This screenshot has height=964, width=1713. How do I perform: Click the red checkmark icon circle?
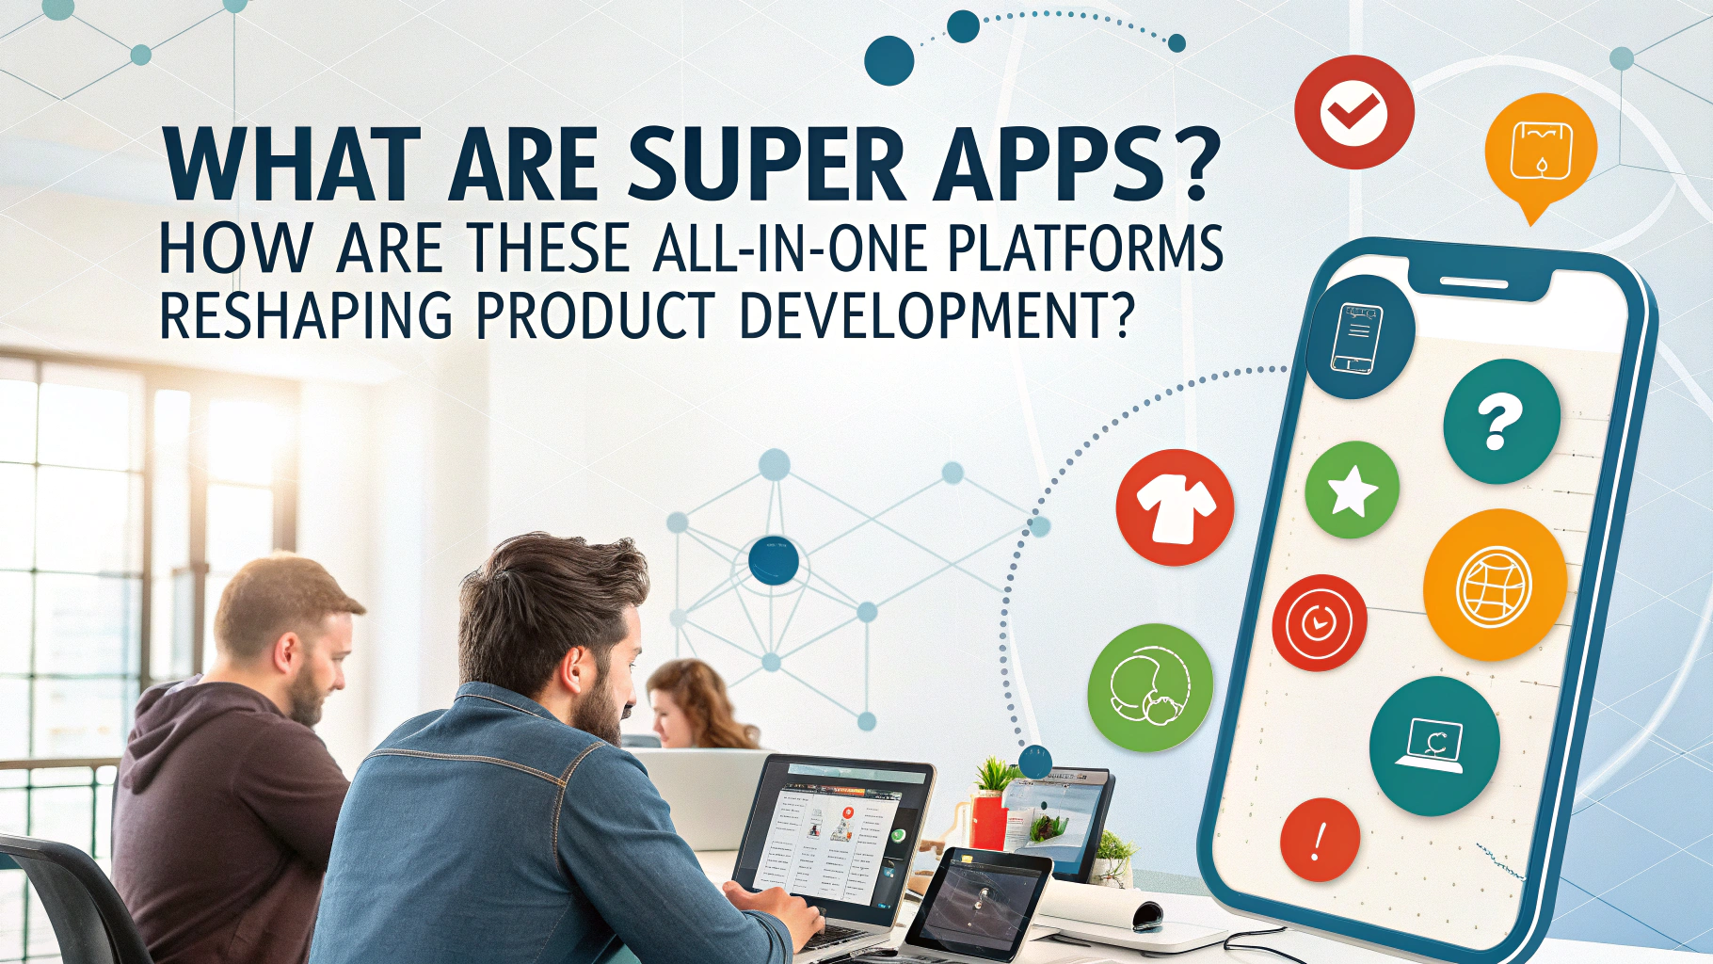1354,112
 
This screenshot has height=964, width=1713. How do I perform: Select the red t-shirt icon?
1175,507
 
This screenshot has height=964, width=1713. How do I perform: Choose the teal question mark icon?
1502,422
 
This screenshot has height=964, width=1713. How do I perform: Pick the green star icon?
1353,490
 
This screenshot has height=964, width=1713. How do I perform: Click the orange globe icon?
1495,586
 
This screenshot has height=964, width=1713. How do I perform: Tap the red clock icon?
1319,622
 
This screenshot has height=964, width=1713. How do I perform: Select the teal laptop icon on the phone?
1434,746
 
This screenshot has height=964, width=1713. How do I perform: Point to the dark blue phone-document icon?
1359,336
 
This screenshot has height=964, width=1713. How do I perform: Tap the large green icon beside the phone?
1150,687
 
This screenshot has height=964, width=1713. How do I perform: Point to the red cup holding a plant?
988,820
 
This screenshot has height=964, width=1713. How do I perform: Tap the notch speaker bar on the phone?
1475,282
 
